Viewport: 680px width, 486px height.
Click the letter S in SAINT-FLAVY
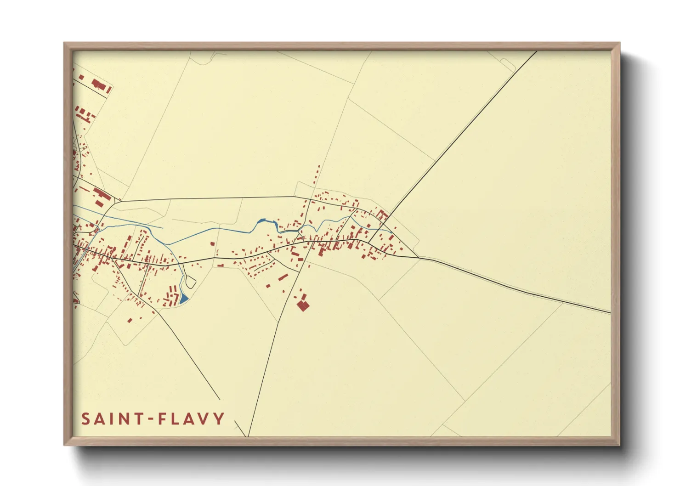click(86, 419)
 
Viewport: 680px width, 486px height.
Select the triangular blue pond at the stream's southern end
click(183, 299)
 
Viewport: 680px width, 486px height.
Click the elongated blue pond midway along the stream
click(261, 221)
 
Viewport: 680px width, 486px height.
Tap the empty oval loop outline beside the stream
click(191, 282)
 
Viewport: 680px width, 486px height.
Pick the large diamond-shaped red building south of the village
click(302, 305)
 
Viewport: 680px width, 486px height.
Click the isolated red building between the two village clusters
click(212, 244)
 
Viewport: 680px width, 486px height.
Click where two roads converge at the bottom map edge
click(248, 435)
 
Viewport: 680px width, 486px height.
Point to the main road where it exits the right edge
click(610, 313)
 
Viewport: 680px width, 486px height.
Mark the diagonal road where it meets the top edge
click(536, 51)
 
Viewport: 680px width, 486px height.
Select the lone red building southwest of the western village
click(130, 320)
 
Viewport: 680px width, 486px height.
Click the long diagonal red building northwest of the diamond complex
click(283, 277)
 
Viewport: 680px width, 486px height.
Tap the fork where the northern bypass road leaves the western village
click(119, 201)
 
